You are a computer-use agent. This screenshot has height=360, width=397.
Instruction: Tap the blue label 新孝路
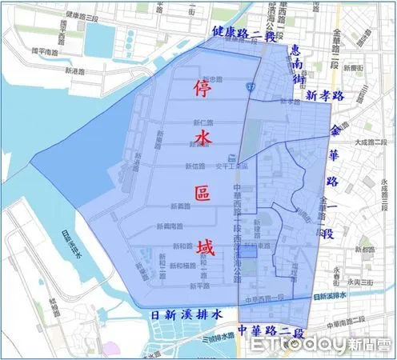coord(323,94)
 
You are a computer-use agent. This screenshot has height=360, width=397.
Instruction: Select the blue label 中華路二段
coord(273,330)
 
